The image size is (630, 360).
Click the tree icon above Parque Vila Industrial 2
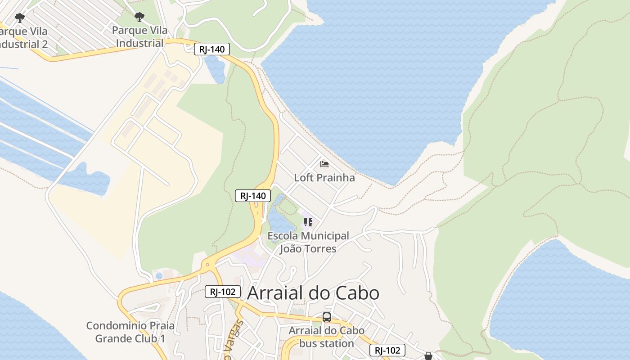tap(19, 18)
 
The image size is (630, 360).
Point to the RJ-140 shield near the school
tap(253, 196)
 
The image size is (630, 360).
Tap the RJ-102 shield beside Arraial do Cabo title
tap(223, 292)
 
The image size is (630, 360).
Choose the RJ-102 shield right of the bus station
tap(387, 350)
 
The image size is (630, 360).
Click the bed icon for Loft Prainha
tap(324, 164)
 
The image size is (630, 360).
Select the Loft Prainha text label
tap(324, 178)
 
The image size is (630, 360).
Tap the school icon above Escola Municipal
tap(308, 222)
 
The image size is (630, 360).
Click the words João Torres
tap(308, 249)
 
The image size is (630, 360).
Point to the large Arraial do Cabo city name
tap(313, 293)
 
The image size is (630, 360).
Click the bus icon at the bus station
tap(327, 317)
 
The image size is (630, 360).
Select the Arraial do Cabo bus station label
tap(326, 337)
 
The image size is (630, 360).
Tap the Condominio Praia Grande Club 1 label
tap(130, 332)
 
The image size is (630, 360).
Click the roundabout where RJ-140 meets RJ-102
tap(207, 265)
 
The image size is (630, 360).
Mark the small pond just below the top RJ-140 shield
tap(215, 70)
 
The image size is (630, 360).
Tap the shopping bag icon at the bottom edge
tap(428, 356)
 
